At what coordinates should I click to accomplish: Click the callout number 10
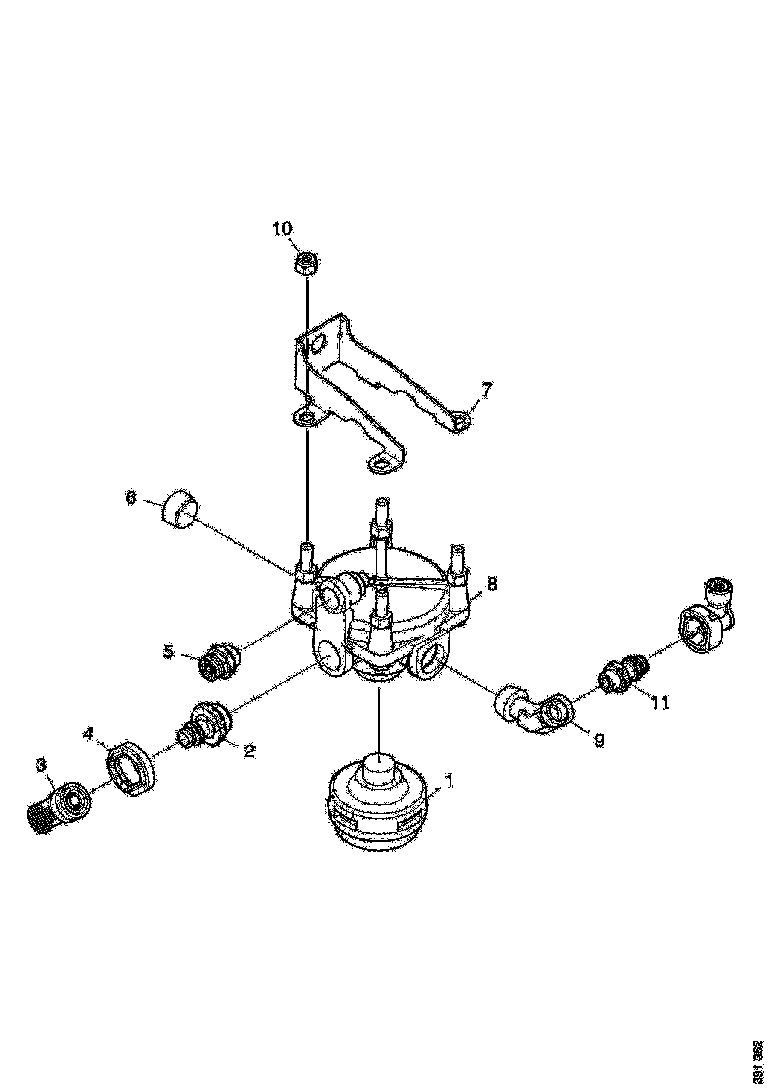283,230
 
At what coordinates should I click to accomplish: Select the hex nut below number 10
306,264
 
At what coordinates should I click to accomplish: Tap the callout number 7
486,389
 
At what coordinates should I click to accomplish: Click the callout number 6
130,499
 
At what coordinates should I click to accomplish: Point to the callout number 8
491,583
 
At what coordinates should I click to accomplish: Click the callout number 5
170,651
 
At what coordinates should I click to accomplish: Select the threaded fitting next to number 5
217,661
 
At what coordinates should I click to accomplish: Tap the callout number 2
249,751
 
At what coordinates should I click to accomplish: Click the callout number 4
88,734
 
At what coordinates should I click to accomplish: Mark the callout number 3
41,763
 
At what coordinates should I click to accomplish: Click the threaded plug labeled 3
55,806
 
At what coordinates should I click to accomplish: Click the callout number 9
597,738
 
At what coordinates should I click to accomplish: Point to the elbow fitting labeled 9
530,707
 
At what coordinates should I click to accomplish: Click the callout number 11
660,702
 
